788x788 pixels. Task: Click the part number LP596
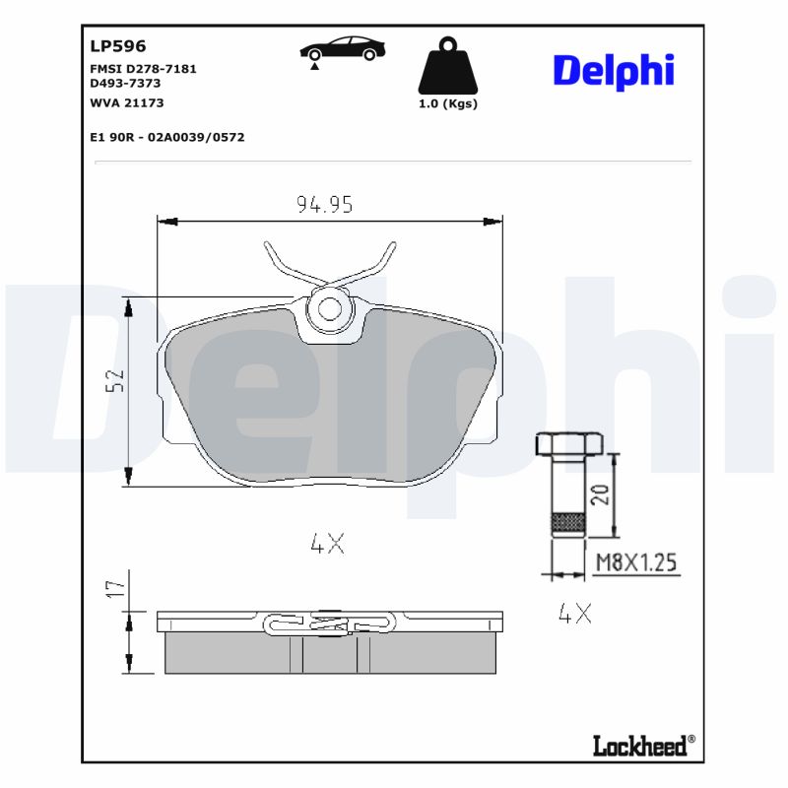click(117, 45)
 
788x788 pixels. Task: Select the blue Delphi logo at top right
click(613, 71)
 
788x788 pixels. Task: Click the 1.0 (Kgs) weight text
click(448, 104)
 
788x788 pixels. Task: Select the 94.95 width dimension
click(325, 204)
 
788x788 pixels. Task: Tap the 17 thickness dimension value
click(115, 589)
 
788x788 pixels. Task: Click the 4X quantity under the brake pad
click(327, 543)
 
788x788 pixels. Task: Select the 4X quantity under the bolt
click(574, 614)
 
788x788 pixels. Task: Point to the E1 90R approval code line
click(166, 137)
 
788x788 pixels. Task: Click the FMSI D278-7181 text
click(143, 69)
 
